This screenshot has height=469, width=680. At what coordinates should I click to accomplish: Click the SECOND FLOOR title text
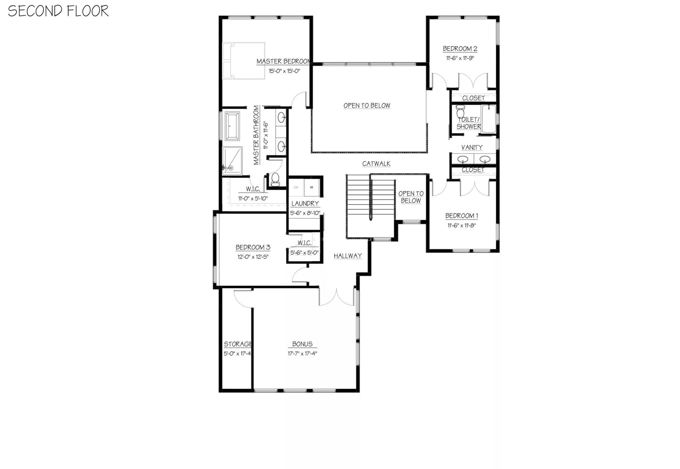[x=58, y=11]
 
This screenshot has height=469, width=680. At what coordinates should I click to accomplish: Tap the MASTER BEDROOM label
[x=283, y=61]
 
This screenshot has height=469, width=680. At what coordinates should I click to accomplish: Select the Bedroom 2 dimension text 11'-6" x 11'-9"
[x=460, y=58]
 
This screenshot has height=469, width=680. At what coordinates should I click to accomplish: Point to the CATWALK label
[x=376, y=164]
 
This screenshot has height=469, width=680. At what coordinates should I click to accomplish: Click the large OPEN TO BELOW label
[x=367, y=105]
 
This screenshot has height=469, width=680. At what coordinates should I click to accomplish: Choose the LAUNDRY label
[x=305, y=204]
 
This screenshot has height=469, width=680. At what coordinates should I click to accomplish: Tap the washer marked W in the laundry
[x=312, y=187]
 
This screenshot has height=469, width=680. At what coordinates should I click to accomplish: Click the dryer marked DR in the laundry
[x=296, y=187]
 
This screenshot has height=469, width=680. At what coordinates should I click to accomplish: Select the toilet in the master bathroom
[x=275, y=179]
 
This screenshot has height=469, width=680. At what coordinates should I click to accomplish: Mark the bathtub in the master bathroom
[x=232, y=126]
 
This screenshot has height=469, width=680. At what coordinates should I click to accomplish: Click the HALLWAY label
[x=348, y=256]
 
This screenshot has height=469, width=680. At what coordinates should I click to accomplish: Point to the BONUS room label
[x=302, y=344]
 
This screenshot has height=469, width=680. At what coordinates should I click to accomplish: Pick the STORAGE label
[x=237, y=344]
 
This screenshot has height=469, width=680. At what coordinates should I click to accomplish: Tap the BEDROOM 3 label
[x=253, y=247]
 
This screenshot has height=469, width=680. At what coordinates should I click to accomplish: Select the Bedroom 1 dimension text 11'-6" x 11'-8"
[x=462, y=225]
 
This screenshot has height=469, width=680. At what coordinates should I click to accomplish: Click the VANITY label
[x=472, y=147]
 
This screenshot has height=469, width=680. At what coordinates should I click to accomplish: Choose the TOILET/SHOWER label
[x=469, y=123]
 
